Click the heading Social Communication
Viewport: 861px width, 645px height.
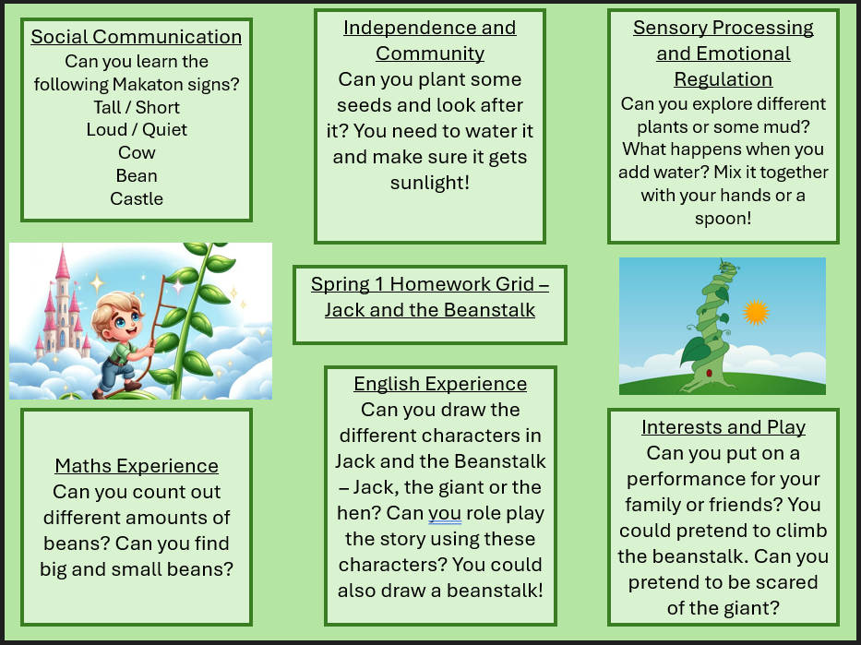click(137, 37)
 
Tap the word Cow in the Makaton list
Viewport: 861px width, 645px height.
click(137, 152)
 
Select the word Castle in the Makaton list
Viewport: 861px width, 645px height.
click(137, 198)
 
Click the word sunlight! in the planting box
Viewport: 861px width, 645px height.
click(430, 183)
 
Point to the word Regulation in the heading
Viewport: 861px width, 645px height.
click(723, 79)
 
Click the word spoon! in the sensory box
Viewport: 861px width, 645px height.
click(723, 219)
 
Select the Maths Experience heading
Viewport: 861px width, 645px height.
click(137, 466)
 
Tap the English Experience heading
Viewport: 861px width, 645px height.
click(440, 384)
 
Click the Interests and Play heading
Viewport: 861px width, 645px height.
click(723, 427)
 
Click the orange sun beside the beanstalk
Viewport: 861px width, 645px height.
click(756, 312)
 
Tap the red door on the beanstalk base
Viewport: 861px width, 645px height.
click(709, 374)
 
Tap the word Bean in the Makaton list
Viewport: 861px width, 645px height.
click(137, 175)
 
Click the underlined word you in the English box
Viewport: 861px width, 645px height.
click(445, 514)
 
